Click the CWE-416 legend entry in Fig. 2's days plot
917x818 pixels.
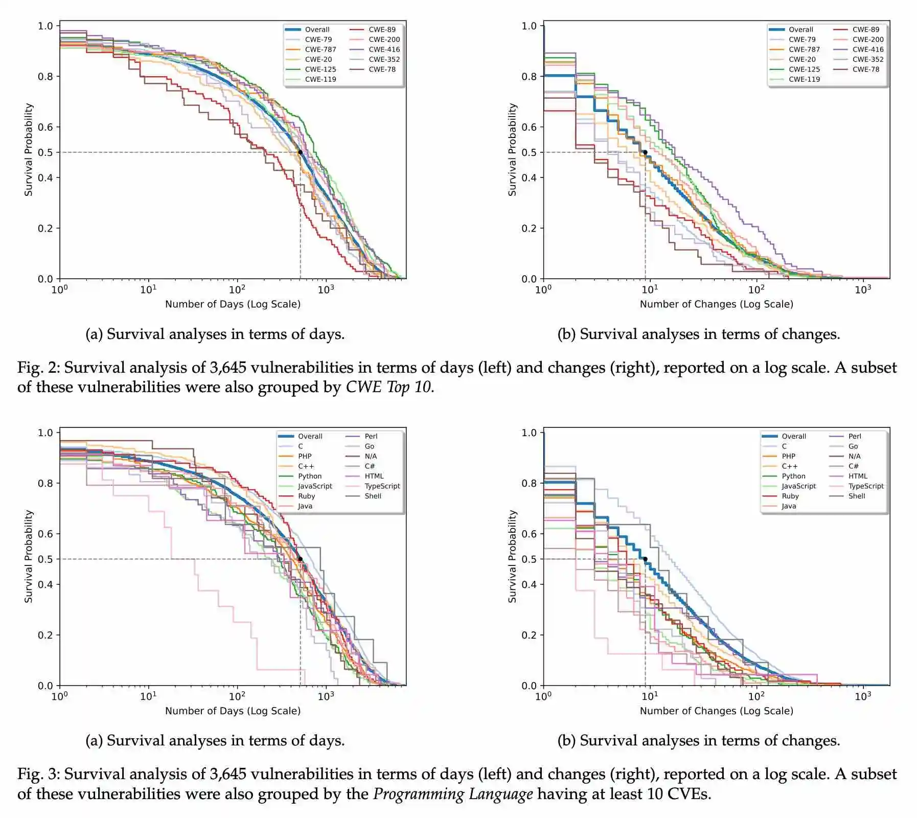coord(384,50)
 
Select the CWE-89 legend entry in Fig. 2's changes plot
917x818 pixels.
coord(865,30)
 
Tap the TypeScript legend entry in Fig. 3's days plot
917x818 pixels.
coord(382,486)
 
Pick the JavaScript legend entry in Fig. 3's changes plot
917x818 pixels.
coord(798,486)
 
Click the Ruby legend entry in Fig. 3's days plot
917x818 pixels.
coord(306,496)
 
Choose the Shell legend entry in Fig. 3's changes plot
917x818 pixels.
coord(856,496)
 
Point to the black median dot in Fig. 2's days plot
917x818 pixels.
coord(300,152)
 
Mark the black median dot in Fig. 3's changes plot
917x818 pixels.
coord(645,559)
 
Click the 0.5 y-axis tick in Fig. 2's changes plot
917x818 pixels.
coord(529,152)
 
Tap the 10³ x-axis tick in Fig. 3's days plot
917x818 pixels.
coord(326,696)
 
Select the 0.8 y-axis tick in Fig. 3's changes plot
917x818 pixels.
coord(529,483)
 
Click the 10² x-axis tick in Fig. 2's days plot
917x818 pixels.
coord(237,289)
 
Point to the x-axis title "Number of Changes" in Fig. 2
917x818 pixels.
coord(716,304)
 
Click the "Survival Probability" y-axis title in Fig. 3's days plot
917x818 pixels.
coord(29,556)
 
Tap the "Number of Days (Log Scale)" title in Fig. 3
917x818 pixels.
coord(233,711)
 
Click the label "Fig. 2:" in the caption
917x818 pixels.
coord(38,368)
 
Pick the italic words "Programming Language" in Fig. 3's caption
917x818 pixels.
coord(453,794)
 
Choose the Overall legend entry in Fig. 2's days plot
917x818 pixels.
coord(317,30)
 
